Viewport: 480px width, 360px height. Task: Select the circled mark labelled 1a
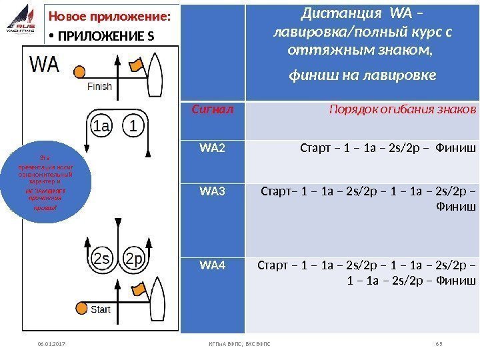tap(101, 126)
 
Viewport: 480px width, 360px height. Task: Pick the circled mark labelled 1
tap(135, 126)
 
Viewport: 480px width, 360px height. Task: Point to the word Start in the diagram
tap(101, 309)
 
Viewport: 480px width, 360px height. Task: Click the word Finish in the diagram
tap(100, 86)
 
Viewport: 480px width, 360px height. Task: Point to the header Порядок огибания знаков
tap(403, 109)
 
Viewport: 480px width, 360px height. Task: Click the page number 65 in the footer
tap(439, 345)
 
